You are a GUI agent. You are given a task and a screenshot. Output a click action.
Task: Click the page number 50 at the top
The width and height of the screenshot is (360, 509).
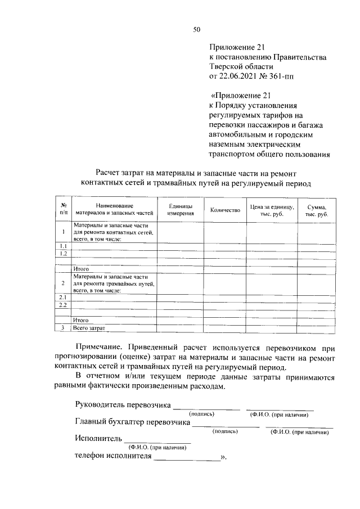pyautogui.click(x=197, y=30)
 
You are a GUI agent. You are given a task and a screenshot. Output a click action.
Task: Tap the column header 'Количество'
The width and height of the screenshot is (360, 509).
pyautogui.click(x=224, y=210)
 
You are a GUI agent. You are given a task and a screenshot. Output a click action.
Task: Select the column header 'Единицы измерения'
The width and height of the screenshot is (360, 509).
pyautogui.click(x=181, y=210)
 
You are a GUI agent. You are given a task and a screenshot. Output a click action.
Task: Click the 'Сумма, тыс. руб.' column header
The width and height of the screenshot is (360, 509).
pyautogui.click(x=317, y=210)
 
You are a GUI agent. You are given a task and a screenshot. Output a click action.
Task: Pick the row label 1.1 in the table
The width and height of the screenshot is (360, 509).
pyautogui.click(x=64, y=246)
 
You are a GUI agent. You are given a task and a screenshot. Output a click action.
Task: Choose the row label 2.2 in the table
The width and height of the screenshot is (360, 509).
pyautogui.click(x=64, y=305)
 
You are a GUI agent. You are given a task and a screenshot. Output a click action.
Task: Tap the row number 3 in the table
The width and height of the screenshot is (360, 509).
pyautogui.click(x=64, y=328)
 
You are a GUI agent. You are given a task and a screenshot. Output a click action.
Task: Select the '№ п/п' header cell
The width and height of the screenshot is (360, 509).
pyautogui.click(x=64, y=210)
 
